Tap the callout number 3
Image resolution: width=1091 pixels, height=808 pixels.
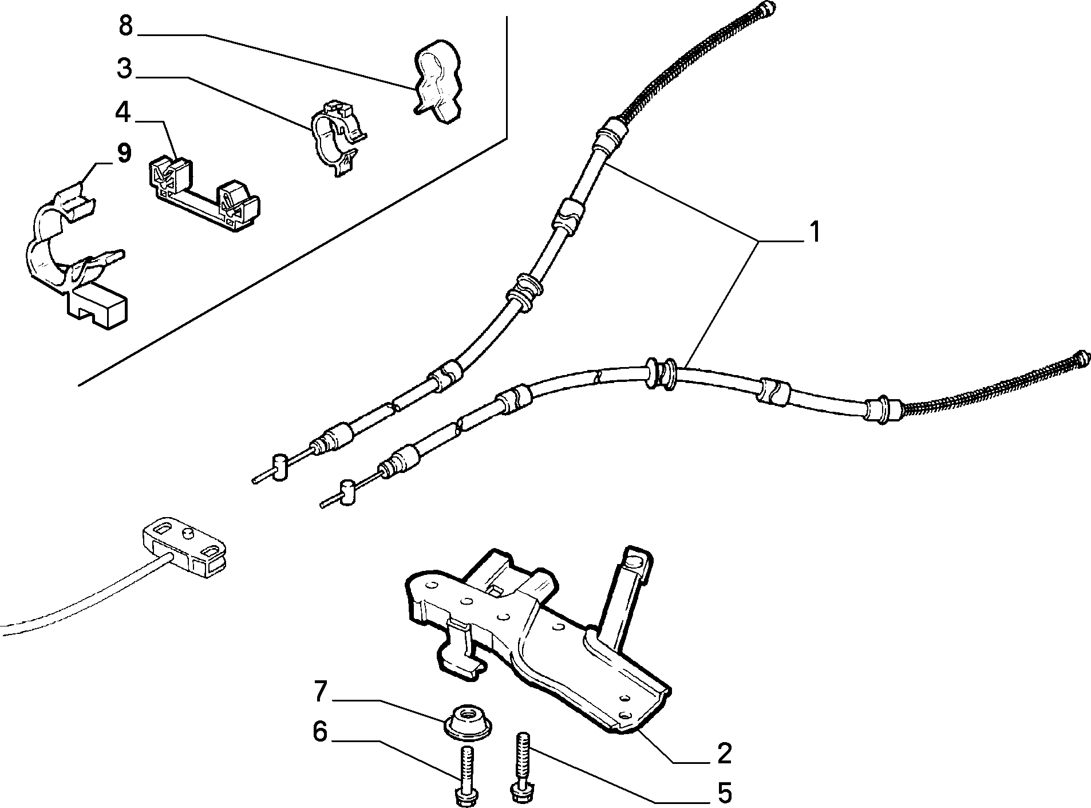coord(124,69)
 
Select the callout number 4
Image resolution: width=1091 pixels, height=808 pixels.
coord(123,113)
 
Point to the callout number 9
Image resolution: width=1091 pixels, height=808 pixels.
coord(124,153)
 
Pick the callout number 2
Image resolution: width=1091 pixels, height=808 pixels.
coord(724,754)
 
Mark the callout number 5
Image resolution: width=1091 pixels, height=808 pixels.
coord(725,793)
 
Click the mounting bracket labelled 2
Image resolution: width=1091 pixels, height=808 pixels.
coord(538,638)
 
